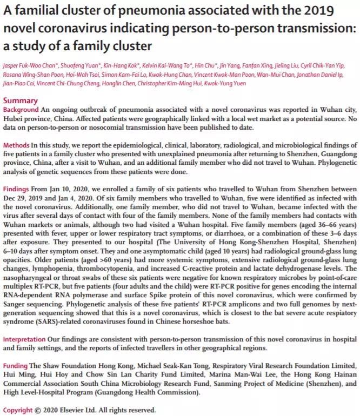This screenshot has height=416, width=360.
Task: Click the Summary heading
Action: point(21,100)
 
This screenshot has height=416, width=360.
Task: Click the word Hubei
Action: point(15,119)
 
